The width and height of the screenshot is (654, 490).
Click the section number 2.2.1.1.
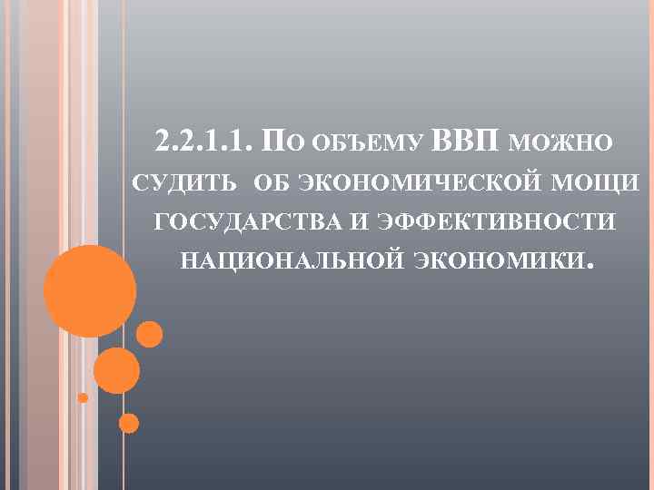coord(204,142)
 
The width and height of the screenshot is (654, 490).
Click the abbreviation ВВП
coord(467,142)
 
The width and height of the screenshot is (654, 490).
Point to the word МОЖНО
coord(561,143)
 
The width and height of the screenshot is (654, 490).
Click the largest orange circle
coord(90,290)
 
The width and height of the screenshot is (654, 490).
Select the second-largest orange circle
coord(116,370)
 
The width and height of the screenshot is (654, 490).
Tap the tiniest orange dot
coord(83,397)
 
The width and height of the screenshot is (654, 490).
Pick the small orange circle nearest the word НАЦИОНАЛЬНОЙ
coord(149,335)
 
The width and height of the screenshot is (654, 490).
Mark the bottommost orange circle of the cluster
coord(129,423)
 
